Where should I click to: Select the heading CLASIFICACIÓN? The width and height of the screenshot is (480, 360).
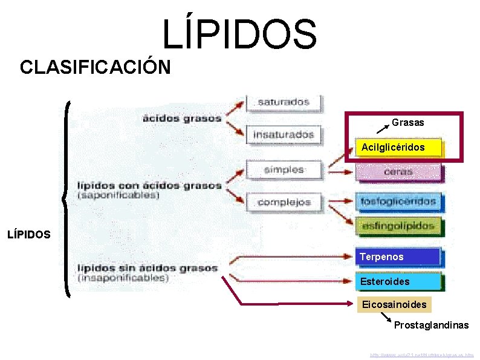[x=95, y=67]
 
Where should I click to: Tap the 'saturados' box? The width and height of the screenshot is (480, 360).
[x=284, y=102]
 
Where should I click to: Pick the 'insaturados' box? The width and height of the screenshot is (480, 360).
[x=284, y=134]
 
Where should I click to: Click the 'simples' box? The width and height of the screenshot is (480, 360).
[x=284, y=169]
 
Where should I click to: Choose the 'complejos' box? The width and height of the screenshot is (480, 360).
[x=284, y=202]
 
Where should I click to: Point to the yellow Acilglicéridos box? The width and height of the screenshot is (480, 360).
[x=398, y=147]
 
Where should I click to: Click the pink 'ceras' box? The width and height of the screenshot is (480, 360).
[x=398, y=172]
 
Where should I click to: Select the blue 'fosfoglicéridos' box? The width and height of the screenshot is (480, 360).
[x=398, y=200]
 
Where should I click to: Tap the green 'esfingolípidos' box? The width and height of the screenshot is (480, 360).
[x=398, y=226]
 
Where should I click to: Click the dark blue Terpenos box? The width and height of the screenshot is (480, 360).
[x=398, y=257]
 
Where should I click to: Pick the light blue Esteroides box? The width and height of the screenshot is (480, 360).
[x=398, y=281]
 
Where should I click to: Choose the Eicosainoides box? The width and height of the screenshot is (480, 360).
[x=394, y=304]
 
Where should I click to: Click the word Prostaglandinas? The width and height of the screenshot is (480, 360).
[x=431, y=326]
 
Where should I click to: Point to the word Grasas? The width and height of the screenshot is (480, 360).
[x=408, y=122]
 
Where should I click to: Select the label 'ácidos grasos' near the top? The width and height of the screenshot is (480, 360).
[x=182, y=118]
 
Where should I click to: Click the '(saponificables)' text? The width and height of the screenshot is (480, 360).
[x=118, y=195]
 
